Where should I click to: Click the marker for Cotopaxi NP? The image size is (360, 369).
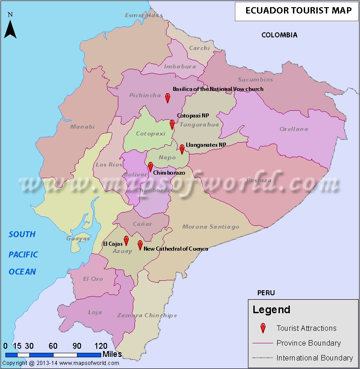(172, 124)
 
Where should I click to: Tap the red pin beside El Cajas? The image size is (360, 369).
(126, 240)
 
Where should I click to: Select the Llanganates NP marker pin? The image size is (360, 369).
(182, 149)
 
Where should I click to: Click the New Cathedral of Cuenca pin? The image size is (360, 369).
(140, 245)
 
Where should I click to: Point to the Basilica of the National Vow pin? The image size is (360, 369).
(167, 98)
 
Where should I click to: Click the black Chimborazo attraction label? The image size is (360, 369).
(169, 173)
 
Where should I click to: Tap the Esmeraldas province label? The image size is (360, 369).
(143, 15)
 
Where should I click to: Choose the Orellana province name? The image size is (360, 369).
(294, 129)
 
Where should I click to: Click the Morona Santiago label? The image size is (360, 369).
(211, 227)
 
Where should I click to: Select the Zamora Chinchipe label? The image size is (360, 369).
(147, 315)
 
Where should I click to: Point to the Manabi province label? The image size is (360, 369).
(82, 127)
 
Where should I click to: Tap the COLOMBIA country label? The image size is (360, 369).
(279, 35)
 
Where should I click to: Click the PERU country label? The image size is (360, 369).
(266, 292)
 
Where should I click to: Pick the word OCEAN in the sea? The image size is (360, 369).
(22, 271)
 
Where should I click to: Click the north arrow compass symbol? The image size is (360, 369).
(10, 27)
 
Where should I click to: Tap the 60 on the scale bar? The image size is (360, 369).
(53, 346)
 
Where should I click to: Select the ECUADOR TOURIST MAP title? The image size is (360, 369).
(297, 11)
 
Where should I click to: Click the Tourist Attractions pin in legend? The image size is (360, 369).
(263, 328)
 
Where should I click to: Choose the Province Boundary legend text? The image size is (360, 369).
(308, 343)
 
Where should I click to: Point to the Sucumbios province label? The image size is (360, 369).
(255, 80)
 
